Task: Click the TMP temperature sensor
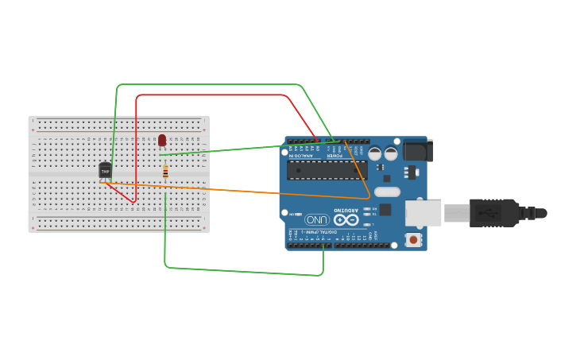coord(105,170)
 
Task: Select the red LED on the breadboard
coord(162,140)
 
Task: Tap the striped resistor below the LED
coord(165,172)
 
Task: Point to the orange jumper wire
coord(238,190)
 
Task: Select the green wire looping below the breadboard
coord(238,271)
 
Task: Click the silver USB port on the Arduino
coord(423,212)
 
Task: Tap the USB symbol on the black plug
coord(486,212)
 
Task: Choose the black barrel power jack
coord(418,150)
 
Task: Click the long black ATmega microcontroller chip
coord(327,170)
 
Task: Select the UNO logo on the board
coord(317,220)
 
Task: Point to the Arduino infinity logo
coord(346,219)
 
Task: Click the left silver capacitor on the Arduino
coord(375,153)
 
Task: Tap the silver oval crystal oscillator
coord(387,192)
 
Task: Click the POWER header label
coord(336,156)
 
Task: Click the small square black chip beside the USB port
coord(385,210)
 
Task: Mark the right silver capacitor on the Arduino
coord(391,153)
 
